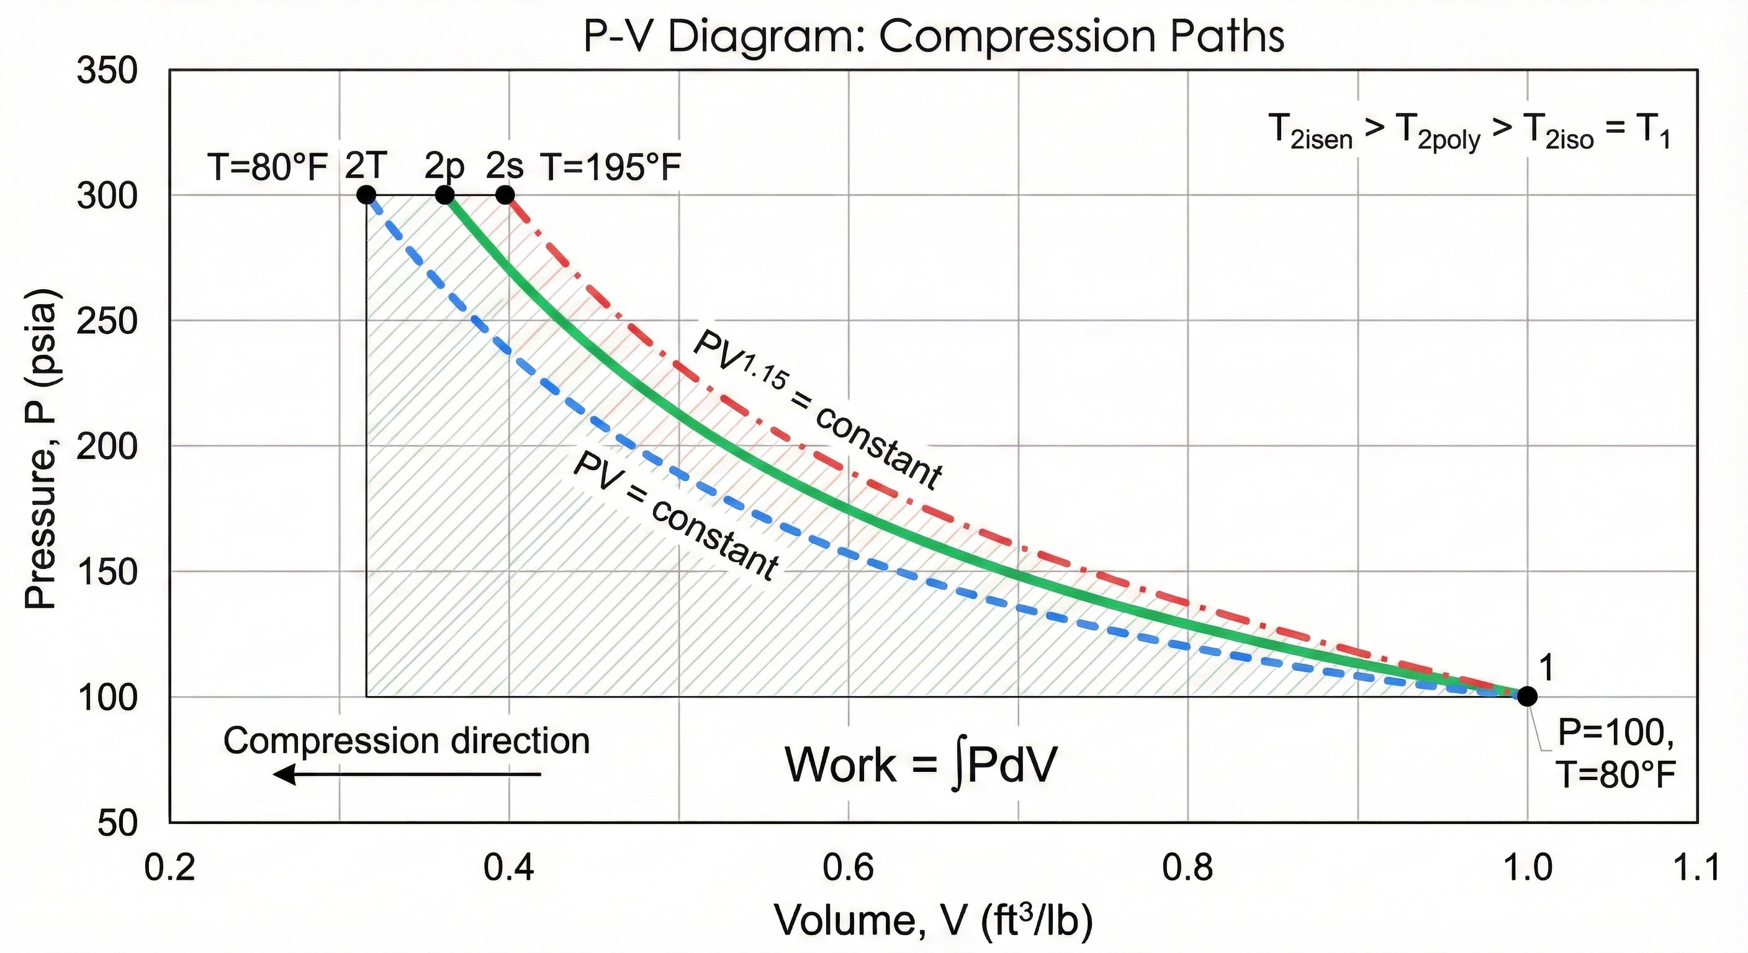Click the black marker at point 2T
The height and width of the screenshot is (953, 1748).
[366, 195]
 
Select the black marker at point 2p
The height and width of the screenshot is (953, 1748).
[444, 195]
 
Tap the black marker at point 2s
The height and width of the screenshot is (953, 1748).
[505, 195]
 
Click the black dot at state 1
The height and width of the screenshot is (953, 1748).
[1527, 696]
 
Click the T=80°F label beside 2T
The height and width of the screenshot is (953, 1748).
[269, 168]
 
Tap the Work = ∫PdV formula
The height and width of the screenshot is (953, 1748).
[921, 765]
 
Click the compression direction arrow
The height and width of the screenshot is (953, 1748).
[407, 774]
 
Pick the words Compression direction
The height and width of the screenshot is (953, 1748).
[407, 741]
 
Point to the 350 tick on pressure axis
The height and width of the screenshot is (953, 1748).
[107, 71]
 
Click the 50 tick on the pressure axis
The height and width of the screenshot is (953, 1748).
[117, 823]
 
